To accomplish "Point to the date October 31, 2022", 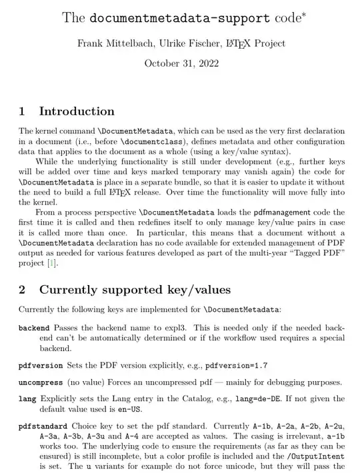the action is [181, 65].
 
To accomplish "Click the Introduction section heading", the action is [77, 111].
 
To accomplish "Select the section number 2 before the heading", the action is [23, 290].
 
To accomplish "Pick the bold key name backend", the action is [35, 328].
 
